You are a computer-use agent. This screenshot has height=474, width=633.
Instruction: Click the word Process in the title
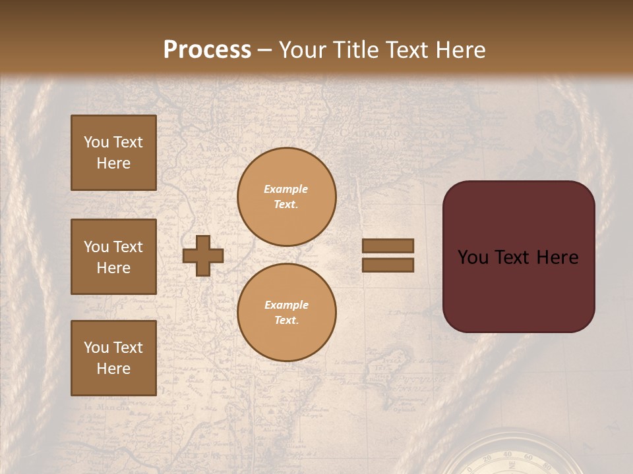pos(207,50)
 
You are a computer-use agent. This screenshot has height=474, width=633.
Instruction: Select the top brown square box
pos(113,153)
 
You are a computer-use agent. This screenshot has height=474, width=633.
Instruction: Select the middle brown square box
pos(113,257)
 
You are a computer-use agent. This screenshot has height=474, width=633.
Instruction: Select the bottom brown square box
pos(113,358)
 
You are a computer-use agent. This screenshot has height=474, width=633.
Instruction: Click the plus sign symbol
pos(202,255)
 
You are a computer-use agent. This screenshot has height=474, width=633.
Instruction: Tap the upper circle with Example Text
pos(287,197)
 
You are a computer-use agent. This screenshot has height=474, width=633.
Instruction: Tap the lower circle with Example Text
pos(287,313)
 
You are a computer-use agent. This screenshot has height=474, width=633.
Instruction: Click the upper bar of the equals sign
pos(388,246)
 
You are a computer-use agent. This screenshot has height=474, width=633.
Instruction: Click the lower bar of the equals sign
pos(388,265)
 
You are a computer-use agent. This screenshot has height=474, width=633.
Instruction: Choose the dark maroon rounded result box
pos(518,257)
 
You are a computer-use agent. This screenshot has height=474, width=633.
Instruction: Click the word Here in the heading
pos(458,50)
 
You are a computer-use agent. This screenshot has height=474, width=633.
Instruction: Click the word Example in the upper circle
pos(286,189)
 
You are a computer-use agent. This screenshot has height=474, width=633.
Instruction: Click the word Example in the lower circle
pos(286,305)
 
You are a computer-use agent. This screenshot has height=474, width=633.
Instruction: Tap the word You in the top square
pos(96,142)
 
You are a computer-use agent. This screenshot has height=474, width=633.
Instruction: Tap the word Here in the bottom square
pos(113,369)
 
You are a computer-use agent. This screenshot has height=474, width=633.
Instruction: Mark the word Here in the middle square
pos(113,268)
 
